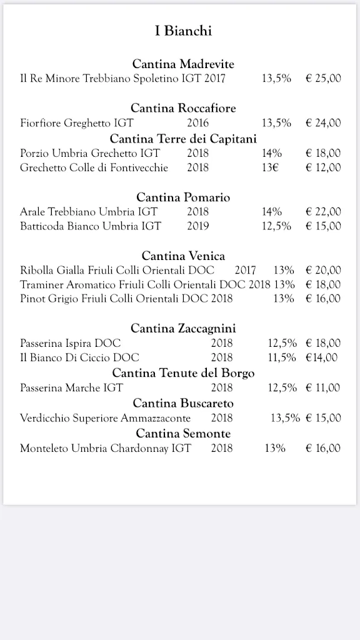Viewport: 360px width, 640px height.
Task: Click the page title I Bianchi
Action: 183,31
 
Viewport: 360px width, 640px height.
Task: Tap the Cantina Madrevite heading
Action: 183,64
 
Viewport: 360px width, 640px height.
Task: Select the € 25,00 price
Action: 323,78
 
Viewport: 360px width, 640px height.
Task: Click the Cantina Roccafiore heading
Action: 183,108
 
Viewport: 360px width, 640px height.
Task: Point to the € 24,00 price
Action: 323,122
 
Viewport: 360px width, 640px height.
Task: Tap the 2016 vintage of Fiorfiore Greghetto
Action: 197,122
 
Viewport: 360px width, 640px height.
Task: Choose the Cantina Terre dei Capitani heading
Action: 183,138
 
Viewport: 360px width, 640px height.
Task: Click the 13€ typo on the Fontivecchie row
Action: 270,167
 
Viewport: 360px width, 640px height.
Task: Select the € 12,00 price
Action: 323,167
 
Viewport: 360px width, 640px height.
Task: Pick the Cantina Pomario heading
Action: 183,197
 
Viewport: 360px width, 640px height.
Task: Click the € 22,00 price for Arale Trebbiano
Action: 323,212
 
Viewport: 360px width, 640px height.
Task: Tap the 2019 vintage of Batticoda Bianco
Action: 197,226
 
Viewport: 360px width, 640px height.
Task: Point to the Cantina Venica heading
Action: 183,256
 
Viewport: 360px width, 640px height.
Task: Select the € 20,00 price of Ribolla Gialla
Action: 323,270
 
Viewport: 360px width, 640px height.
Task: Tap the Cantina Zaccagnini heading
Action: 183,328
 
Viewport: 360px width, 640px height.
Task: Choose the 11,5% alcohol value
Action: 282,357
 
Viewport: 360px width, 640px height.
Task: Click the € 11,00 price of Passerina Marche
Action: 323,387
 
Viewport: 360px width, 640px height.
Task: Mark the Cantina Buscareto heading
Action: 183,403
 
